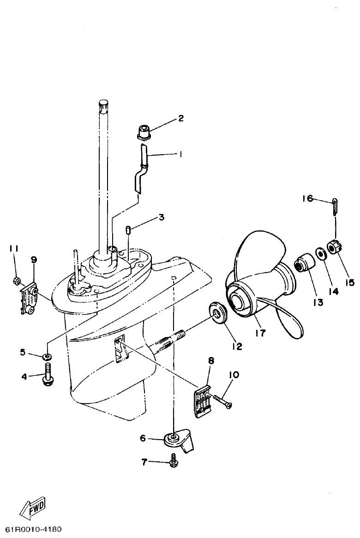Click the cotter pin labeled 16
click(336, 206)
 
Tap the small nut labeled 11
click(16, 280)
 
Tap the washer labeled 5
click(47, 357)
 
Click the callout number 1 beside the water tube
click(181, 155)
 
